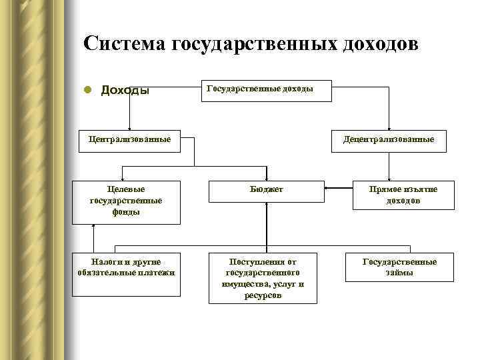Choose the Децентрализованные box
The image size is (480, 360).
[x=388, y=140]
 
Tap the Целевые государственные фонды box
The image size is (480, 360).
[x=126, y=201]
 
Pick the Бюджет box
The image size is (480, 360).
[x=266, y=191]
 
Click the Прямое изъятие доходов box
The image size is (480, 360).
[x=403, y=195]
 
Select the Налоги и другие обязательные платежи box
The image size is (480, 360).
[x=126, y=267]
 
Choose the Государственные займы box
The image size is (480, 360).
[x=399, y=267]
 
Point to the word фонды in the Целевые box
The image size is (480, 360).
[x=126, y=212]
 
